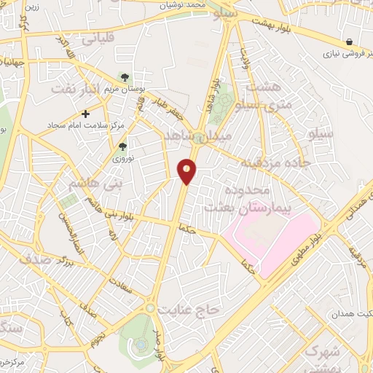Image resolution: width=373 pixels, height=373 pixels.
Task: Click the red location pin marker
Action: [x=187, y=170]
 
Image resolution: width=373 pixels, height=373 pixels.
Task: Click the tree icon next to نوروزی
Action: [x=122, y=146]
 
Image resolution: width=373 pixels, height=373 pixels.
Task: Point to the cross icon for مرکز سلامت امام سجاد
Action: [x=86, y=114]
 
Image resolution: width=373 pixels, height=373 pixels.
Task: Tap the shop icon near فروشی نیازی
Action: [x=350, y=42]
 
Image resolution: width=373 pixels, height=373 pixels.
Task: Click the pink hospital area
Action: [x=270, y=240]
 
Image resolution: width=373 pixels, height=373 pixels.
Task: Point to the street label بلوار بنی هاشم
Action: [x=103, y=215]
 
